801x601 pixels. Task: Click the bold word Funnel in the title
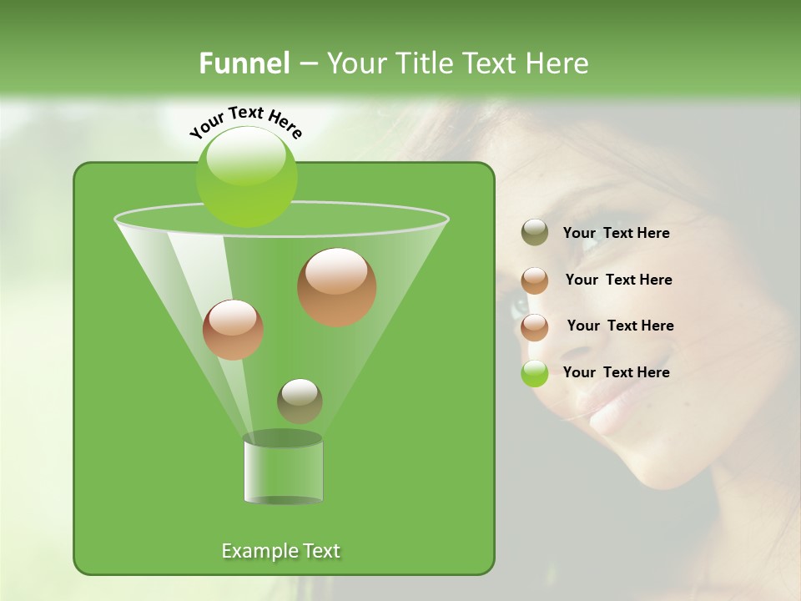(x=244, y=63)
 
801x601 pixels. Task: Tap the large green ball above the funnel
(x=246, y=176)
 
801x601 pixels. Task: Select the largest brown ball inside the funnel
(x=337, y=287)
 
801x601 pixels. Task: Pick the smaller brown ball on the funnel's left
(x=233, y=330)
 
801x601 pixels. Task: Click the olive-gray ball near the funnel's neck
(x=300, y=401)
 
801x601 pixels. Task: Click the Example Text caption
(x=280, y=551)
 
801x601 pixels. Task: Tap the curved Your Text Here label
(x=245, y=122)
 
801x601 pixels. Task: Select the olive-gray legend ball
(x=535, y=233)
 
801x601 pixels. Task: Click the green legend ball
(x=535, y=373)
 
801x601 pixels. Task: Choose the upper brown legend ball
(x=535, y=280)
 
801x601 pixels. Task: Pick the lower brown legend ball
(x=535, y=326)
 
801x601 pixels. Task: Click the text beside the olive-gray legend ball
(x=616, y=233)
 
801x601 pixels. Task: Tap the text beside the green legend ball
(x=616, y=372)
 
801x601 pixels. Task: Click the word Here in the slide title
(x=558, y=63)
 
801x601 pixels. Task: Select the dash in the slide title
(x=307, y=63)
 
